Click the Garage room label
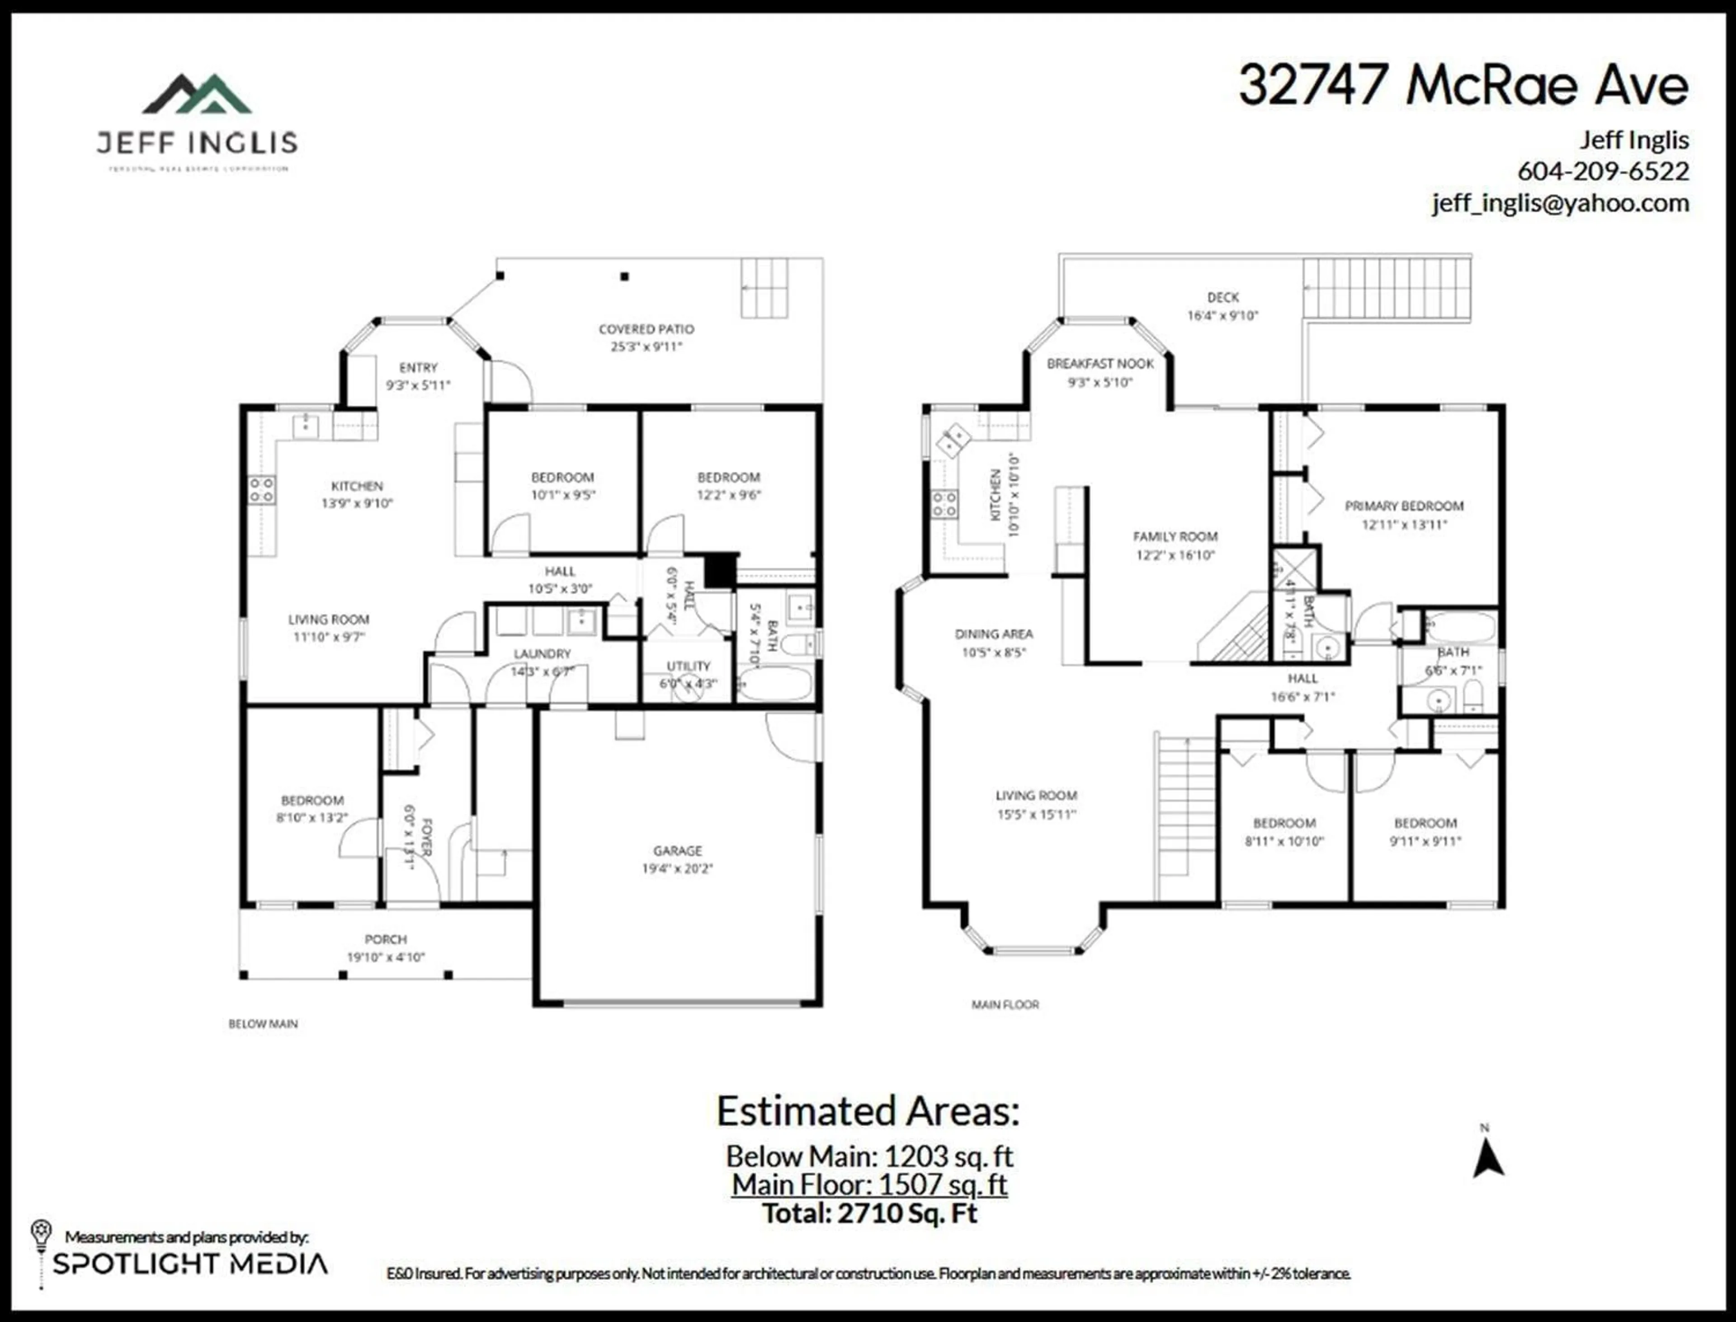(677, 851)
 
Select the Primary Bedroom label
(1404, 506)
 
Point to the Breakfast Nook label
(1100, 364)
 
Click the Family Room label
(1175, 537)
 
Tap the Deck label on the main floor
(1223, 297)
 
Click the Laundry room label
(542, 654)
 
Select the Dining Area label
(994, 634)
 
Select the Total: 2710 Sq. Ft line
(869, 1214)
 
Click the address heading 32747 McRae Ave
(1463, 85)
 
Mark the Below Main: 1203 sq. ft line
(869, 1156)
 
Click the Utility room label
(688, 666)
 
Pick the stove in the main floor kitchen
(944, 504)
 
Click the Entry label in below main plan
(417, 367)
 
